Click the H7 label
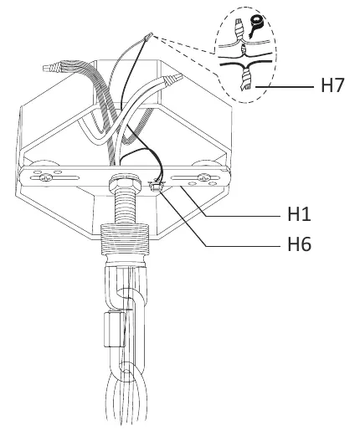click(x=332, y=85)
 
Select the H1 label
click(x=299, y=213)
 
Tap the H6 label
click(x=299, y=244)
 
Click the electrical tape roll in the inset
click(x=255, y=24)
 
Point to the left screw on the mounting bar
click(x=46, y=177)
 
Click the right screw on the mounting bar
click(x=203, y=177)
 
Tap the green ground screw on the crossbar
click(x=156, y=186)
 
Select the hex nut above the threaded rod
click(x=125, y=184)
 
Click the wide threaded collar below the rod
click(x=125, y=239)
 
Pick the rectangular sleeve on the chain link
click(x=115, y=330)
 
